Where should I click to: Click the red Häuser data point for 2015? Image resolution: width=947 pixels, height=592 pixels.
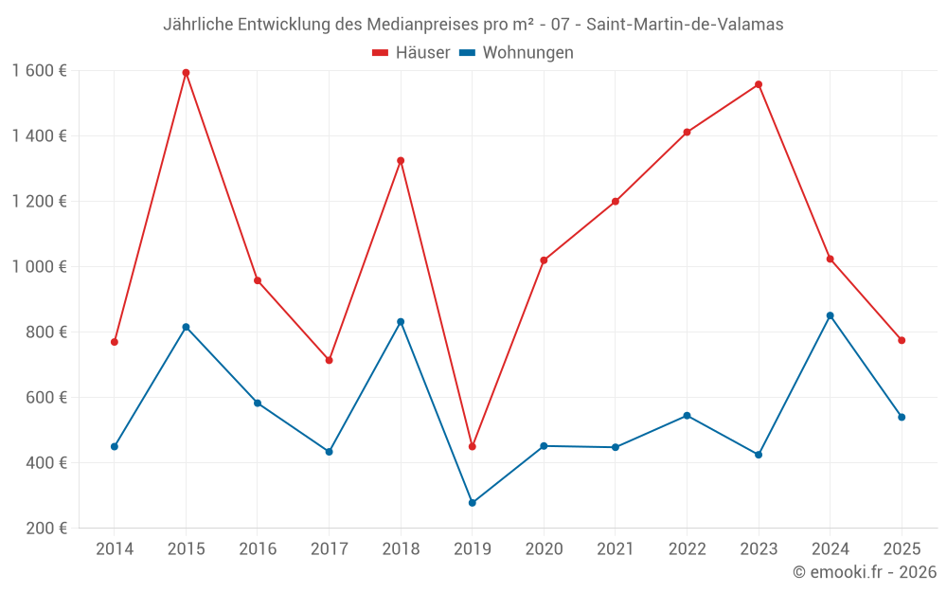[186, 72]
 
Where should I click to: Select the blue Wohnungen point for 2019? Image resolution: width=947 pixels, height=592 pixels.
[472, 503]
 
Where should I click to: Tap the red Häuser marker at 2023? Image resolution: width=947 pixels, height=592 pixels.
[759, 84]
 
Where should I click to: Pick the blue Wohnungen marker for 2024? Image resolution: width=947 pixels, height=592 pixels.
[830, 315]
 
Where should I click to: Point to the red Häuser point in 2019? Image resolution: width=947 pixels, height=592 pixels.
[472, 446]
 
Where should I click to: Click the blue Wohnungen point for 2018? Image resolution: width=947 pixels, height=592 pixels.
[401, 322]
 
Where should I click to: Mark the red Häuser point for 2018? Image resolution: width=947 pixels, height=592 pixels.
[401, 160]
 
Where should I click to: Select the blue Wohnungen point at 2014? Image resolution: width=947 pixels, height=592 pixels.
[115, 446]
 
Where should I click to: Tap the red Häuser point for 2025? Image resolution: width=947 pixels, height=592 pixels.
[902, 340]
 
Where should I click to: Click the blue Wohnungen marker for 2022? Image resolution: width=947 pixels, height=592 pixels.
[687, 416]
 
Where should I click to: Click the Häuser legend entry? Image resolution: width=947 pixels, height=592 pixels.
[411, 53]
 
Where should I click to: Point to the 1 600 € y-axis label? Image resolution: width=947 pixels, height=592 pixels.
[39, 71]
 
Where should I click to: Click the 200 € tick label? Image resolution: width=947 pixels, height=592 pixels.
[47, 528]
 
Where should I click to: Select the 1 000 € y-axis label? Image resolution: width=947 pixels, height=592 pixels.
[39, 266]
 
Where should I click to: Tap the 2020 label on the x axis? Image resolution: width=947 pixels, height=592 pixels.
[544, 549]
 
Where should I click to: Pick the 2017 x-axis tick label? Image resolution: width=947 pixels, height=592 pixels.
[329, 549]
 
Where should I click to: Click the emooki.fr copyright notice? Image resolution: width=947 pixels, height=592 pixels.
[864, 572]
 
